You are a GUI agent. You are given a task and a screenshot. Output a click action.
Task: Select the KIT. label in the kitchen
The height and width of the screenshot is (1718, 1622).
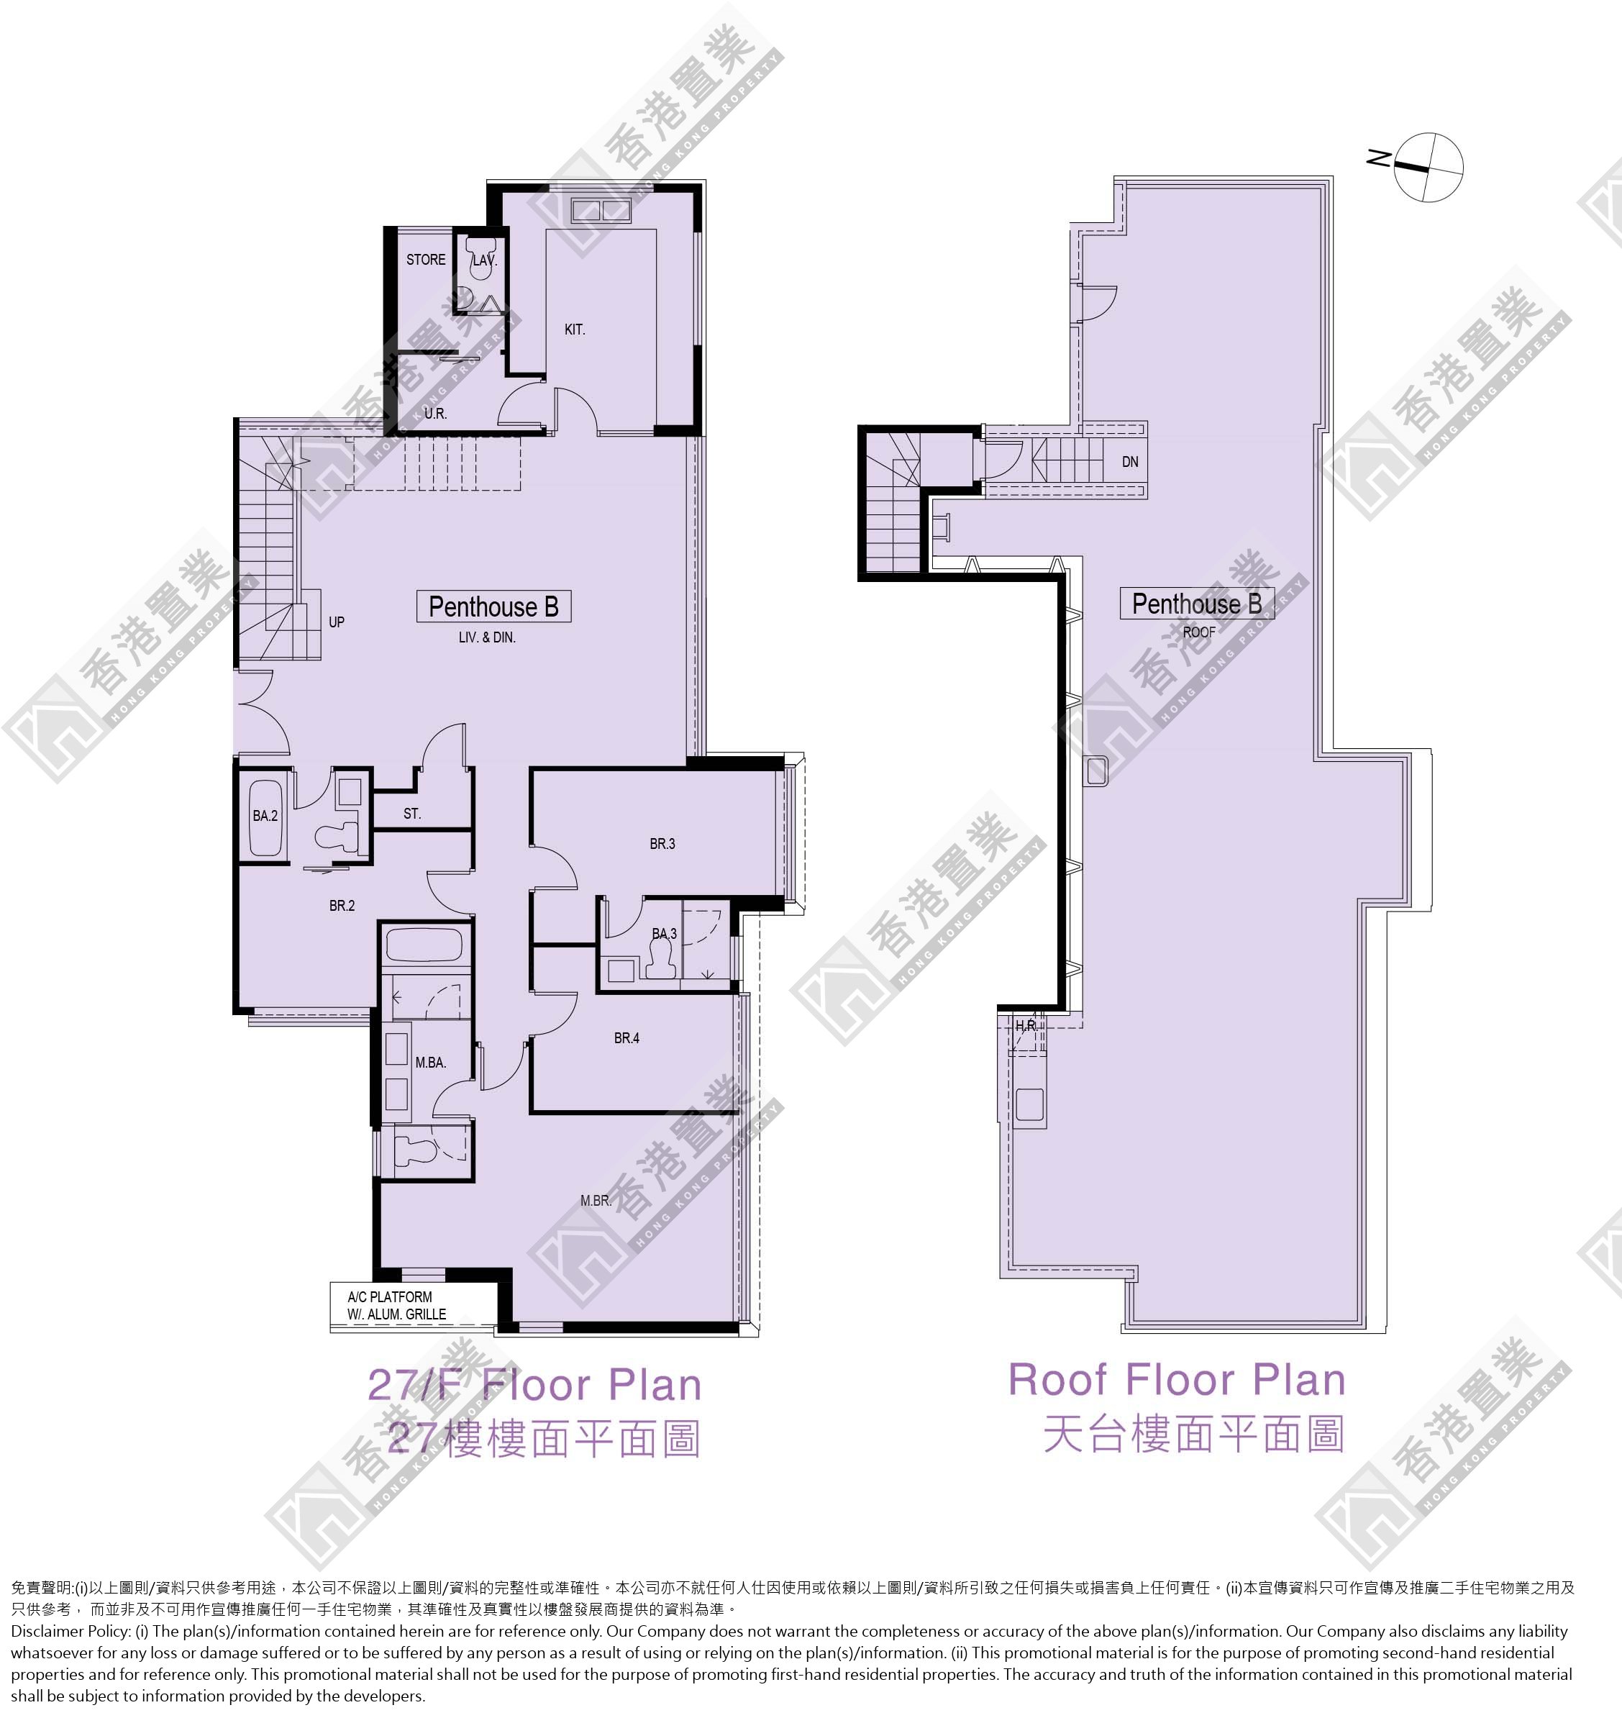coord(574,329)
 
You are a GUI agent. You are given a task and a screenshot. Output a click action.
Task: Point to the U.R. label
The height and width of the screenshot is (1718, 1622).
coord(435,413)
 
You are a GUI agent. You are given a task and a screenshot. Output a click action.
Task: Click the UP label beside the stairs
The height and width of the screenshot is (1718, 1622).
coord(337,622)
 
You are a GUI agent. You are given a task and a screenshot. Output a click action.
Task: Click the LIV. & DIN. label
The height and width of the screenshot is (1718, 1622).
coord(487,637)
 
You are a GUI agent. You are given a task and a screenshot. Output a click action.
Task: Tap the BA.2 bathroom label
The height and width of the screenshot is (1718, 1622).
coord(265,815)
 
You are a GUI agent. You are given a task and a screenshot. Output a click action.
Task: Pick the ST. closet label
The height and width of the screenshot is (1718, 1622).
coord(411,814)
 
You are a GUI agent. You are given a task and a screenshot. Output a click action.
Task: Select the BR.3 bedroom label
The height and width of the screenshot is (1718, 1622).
coord(662,844)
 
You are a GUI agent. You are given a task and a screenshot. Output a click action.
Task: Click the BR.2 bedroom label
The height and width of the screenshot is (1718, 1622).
coord(342,906)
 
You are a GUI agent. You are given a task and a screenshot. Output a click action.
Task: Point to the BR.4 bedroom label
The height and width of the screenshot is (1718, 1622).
coord(627,1038)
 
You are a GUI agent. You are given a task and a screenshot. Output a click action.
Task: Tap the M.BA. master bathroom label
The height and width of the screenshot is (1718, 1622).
coord(431,1063)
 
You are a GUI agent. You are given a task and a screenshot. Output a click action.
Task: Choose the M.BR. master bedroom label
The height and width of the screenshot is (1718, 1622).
coord(596,1201)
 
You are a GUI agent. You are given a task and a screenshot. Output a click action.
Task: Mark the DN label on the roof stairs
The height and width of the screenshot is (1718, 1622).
coord(1130,462)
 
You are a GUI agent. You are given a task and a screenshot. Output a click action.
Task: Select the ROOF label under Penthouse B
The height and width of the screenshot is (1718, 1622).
coord(1198,632)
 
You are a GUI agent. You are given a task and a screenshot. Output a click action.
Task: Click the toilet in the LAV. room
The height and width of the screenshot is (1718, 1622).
coord(479,268)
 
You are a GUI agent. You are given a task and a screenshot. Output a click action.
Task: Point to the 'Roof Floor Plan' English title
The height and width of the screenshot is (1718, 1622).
coord(1177,1379)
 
